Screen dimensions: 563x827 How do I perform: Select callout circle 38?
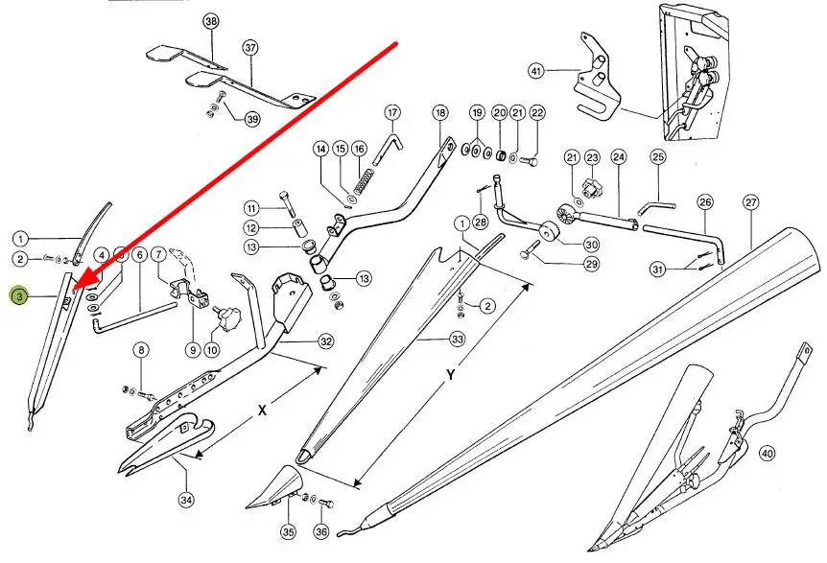coord(211,21)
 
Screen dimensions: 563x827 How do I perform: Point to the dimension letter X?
coord(262,409)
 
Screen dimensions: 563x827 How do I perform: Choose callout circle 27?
coord(750,202)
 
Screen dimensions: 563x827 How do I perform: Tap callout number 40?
coord(767,453)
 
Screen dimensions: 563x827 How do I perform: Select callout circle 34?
coord(185,499)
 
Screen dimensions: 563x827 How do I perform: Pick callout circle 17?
coord(392,112)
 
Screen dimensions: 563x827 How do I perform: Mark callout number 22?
coord(537,112)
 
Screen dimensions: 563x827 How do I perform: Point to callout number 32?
coord(326,340)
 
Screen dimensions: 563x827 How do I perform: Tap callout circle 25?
coord(658,156)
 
